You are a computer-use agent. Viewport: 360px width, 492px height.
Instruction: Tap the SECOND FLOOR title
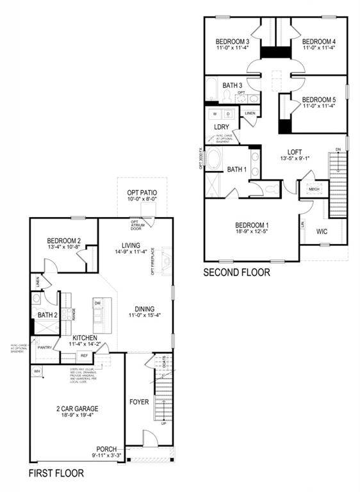click(x=236, y=272)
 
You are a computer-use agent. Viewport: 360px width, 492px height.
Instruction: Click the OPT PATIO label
click(x=142, y=192)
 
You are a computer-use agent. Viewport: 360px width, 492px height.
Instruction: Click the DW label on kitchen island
click(x=98, y=303)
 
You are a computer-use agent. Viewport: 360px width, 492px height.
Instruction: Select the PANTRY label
click(x=45, y=348)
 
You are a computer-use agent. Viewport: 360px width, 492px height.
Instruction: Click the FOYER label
click(x=139, y=402)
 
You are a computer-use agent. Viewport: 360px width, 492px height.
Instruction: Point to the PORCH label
click(x=106, y=448)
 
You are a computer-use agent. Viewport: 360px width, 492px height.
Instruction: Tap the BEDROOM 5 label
click(x=318, y=99)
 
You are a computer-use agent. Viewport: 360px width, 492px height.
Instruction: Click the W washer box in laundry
click(x=214, y=113)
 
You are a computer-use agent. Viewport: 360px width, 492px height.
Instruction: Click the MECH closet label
click(x=314, y=190)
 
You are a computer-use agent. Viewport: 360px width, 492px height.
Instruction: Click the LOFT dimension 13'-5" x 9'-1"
click(x=295, y=158)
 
